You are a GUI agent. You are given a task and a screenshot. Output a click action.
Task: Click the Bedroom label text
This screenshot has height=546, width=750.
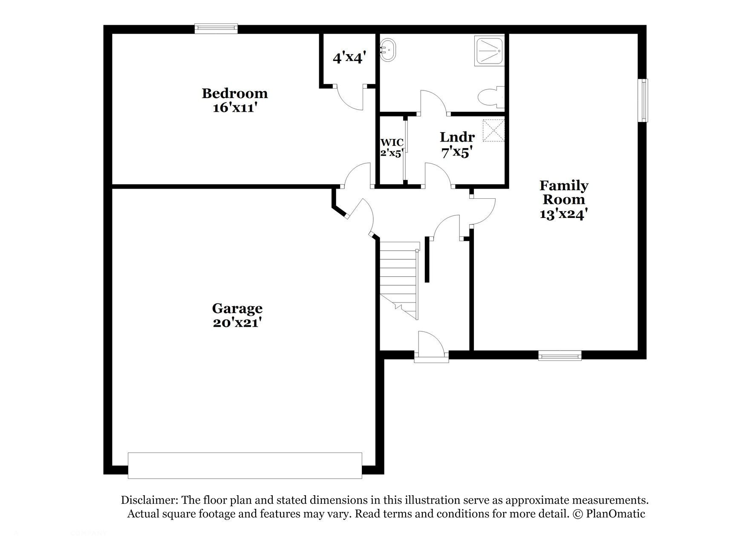234,93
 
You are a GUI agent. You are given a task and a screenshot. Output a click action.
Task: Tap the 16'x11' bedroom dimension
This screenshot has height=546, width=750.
234,107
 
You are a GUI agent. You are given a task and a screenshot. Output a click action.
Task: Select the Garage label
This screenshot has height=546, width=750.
237,308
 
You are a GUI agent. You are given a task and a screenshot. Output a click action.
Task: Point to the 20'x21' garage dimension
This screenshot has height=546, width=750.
237,323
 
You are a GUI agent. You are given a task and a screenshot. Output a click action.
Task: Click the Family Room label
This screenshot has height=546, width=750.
563,192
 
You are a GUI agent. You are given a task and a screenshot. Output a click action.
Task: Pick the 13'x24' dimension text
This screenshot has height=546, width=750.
563,214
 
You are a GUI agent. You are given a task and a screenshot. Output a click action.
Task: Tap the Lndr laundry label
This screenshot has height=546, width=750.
457,137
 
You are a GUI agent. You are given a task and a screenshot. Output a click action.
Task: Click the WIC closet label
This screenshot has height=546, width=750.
392,142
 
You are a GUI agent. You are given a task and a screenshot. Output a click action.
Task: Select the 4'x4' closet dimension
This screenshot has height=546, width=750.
348,57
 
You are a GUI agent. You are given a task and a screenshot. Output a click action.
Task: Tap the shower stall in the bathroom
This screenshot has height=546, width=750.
489,51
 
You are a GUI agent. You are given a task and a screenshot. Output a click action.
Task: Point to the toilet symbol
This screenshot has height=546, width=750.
490,98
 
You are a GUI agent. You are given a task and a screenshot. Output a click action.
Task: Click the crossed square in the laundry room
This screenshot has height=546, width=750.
493,131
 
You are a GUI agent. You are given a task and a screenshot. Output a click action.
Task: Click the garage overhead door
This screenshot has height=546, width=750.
245,465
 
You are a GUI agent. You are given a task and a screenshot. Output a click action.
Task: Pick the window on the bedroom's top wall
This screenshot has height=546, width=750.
216,29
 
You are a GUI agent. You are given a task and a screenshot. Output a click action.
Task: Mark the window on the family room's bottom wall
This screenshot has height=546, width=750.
560,355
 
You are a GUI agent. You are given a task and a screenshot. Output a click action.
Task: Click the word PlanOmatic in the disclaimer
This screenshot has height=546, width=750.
615,514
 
